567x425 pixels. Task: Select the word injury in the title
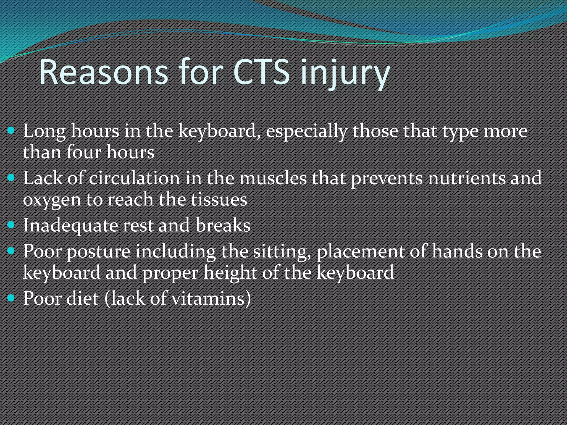pos(345,73)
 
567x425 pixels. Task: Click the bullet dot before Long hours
pos(11,130)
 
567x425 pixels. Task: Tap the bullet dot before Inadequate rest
pos(11,225)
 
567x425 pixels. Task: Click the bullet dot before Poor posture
pos(11,251)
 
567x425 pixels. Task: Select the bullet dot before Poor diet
pos(11,298)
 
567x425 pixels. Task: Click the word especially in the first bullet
pos(306,131)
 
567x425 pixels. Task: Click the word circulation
pos(134,178)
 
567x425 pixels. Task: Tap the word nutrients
pos(466,178)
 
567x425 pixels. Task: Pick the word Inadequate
pos(70,226)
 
